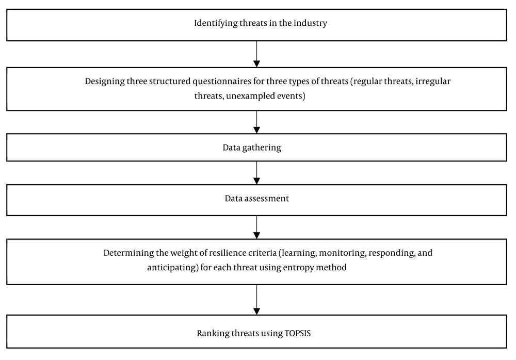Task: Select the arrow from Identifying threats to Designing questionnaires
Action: (x=256, y=54)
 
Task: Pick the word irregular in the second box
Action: (x=433, y=81)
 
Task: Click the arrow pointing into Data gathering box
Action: (x=256, y=122)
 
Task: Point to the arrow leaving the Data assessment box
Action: (x=256, y=227)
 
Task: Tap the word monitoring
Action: (x=343, y=253)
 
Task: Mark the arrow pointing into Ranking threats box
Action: (x=256, y=300)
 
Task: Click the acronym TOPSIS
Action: (x=298, y=333)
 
